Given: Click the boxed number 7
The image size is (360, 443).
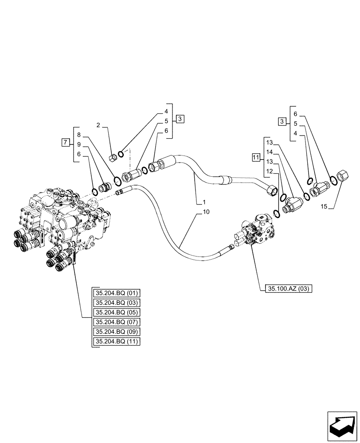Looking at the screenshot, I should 65,142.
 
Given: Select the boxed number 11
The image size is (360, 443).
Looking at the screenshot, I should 255,157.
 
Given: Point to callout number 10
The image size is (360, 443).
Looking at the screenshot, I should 206,212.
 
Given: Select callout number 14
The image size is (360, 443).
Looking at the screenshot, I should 270,152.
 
